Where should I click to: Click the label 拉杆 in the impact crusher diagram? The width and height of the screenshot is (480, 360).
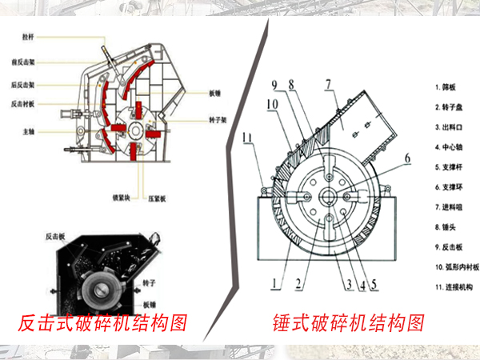(x=28, y=37)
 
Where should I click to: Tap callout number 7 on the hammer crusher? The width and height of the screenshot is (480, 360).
(x=328, y=83)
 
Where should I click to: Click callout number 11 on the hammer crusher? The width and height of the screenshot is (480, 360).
(x=249, y=138)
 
